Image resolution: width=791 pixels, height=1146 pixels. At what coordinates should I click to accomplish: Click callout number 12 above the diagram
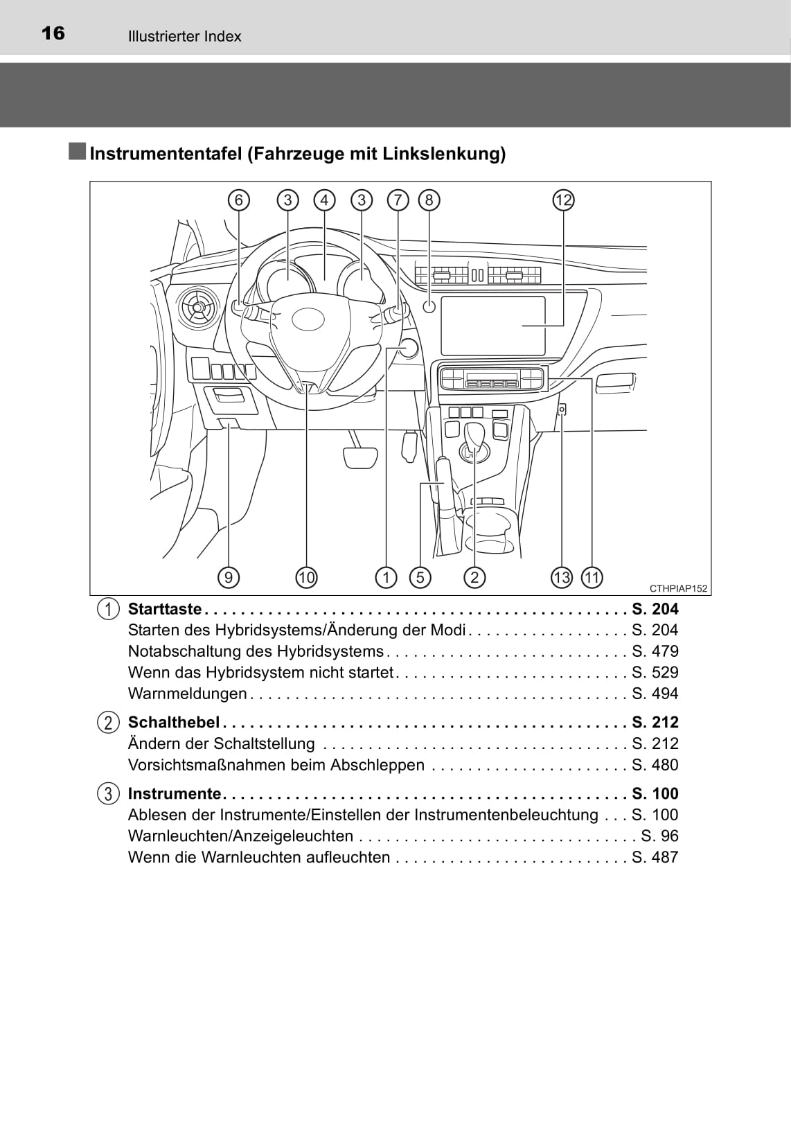564,200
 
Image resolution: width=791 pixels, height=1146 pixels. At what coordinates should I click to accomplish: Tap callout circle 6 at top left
238,200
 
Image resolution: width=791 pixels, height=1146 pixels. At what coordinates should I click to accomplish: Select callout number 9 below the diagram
228,577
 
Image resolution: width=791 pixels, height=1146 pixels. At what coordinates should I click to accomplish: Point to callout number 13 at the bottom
562,577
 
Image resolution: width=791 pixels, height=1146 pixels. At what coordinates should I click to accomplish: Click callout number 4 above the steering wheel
324,200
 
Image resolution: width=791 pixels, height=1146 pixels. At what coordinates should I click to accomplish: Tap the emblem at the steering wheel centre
308,319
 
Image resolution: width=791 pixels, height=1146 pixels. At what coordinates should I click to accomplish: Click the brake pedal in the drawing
360,457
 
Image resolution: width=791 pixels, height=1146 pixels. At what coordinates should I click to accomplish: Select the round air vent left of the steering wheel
198,306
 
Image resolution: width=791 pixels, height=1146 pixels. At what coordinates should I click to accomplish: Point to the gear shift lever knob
475,436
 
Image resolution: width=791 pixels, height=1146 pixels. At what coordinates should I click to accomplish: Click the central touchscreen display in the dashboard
492,325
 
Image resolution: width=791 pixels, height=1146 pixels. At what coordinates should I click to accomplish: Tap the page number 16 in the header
53,33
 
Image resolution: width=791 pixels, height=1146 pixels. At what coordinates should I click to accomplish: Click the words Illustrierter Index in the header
184,37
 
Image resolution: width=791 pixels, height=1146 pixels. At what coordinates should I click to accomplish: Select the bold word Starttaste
165,609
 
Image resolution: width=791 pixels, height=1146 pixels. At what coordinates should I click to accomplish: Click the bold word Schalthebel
173,722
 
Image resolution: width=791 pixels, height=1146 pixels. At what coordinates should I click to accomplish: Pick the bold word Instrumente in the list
174,793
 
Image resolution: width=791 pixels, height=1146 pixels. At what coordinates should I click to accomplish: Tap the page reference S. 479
655,651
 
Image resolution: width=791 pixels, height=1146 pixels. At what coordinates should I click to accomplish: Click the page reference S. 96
659,836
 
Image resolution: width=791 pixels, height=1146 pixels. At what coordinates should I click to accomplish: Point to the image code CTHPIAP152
678,589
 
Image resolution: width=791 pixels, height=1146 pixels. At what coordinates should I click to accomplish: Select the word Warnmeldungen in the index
187,694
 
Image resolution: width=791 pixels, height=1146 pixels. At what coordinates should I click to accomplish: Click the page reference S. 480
655,765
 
